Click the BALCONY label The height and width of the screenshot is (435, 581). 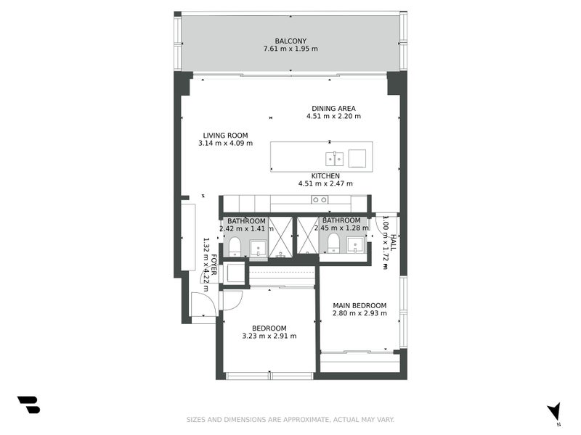tap(290, 41)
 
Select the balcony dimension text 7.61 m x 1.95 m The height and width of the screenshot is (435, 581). tap(290, 49)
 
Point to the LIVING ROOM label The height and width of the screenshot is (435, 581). tap(225, 135)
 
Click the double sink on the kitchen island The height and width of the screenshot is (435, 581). tap(334, 158)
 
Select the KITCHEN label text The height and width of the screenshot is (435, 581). tap(325, 175)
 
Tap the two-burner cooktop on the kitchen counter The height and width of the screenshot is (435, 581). tap(319, 199)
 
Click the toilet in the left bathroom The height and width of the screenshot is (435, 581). tap(235, 247)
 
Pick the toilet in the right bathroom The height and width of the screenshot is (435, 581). tap(334, 242)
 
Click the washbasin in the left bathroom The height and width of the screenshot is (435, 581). tap(258, 249)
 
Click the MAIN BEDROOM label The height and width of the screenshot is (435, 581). tap(359, 305)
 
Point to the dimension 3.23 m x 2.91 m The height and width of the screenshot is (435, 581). tap(269, 336)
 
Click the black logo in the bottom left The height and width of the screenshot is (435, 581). tap(28, 405)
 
